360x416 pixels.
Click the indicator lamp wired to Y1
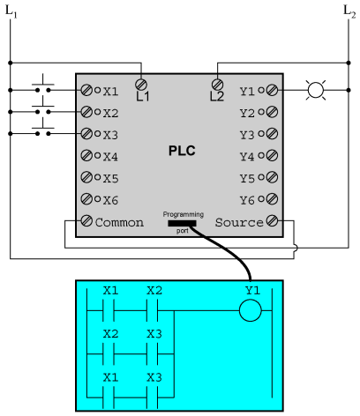point(316,90)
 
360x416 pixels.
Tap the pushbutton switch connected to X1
point(43,85)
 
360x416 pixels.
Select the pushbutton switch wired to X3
point(43,129)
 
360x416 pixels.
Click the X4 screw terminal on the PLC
point(86,155)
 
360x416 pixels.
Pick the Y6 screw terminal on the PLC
point(272,199)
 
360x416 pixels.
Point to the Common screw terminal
point(86,220)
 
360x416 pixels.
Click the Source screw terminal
point(272,220)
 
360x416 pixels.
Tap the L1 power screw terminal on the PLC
point(141,85)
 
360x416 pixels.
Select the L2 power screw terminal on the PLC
point(217,85)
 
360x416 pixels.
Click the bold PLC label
point(182,151)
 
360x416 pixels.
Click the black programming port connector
point(182,223)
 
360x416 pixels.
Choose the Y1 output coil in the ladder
point(251,310)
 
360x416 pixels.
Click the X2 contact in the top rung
point(153,310)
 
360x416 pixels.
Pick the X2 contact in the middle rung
point(109,354)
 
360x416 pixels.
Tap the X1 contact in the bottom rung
point(109,397)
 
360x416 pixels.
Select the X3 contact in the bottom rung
point(153,397)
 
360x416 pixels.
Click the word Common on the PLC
point(119,222)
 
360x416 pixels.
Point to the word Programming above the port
point(184,214)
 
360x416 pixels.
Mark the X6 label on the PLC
point(110,200)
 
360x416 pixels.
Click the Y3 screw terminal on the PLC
point(272,134)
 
